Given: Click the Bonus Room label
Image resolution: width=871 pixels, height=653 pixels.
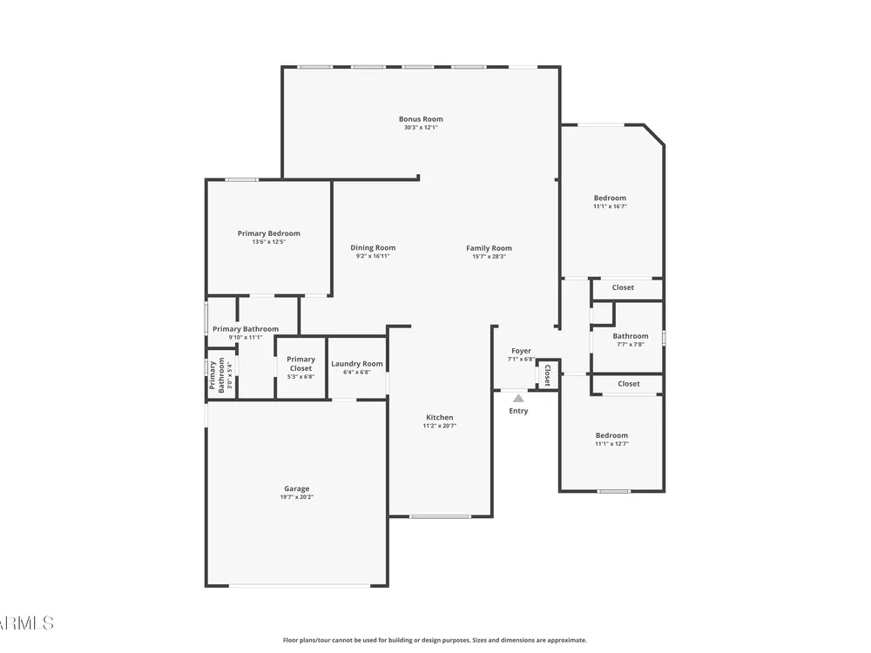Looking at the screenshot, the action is pyautogui.click(x=421, y=118).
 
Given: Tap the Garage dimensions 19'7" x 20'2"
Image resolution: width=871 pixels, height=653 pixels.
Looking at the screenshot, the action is pyautogui.click(x=297, y=497).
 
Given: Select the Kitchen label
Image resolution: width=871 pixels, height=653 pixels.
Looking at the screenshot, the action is pyautogui.click(x=439, y=418).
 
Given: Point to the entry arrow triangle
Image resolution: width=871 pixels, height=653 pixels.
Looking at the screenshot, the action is pyautogui.click(x=518, y=398).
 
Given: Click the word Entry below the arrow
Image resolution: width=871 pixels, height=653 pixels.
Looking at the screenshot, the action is pyautogui.click(x=518, y=411).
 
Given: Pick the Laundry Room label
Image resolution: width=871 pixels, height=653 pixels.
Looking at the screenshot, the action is pyautogui.click(x=356, y=364).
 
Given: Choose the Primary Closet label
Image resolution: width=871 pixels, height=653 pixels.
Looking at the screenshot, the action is pyautogui.click(x=300, y=364).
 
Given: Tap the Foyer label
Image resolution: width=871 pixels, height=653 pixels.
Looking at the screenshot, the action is pyautogui.click(x=521, y=351).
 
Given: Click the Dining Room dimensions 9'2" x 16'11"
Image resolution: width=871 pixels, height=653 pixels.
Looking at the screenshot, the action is pyautogui.click(x=373, y=257).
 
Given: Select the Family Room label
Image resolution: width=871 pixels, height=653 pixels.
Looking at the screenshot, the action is pyautogui.click(x=489, y=248).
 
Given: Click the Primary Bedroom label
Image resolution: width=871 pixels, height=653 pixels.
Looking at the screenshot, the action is pyautogui.click(x=269, y=233).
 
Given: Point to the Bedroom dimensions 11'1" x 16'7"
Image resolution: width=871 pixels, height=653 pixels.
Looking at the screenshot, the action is pyautogui.click(x=610, y=206).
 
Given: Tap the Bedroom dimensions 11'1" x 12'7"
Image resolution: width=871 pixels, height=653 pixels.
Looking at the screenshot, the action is pyautogui.click(x=611, y=444).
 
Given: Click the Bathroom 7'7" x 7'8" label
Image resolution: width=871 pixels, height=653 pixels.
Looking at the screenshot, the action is pyautogui.click(x=631, y=340).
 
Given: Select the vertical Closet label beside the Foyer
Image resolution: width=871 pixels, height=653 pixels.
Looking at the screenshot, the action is pyautogui.click(x=547, y=374).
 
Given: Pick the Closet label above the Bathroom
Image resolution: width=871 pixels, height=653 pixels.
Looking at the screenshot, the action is pyautogui.click(x=623, y=287).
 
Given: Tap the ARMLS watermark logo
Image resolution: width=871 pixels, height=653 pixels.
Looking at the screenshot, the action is pyautogui.click(x=27, y=623).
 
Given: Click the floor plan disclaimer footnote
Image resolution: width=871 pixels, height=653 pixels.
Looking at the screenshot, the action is pyautogui.click(x=435, y=640).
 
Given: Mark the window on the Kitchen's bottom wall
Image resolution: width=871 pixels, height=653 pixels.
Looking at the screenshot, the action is pyautogui.click(x=441, y=516).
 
